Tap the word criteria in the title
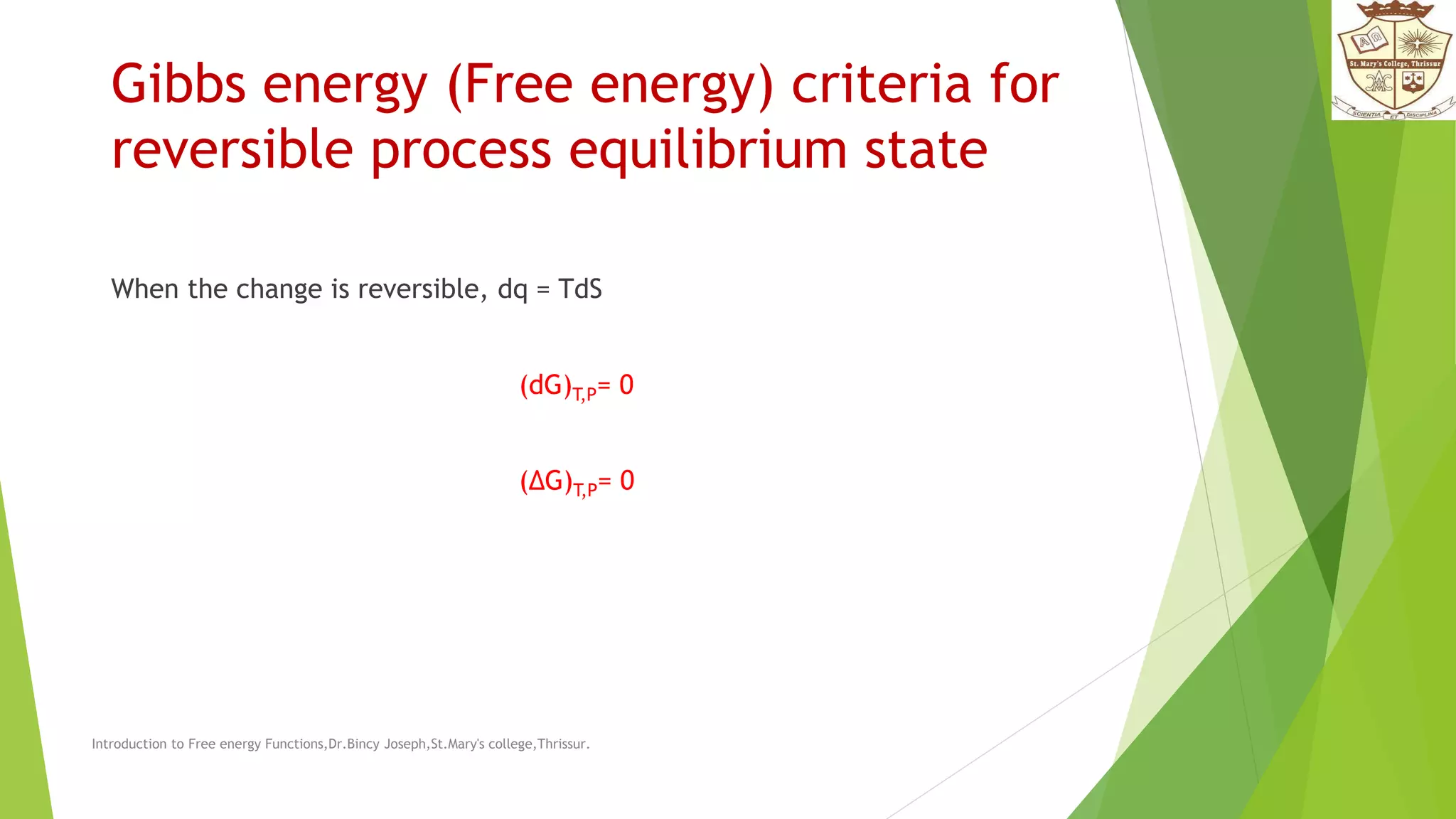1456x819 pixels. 881,84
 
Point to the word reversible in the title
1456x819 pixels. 232,151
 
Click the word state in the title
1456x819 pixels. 926,151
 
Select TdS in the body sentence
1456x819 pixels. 580,289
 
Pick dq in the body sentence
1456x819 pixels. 513,290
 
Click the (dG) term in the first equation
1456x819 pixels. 545,385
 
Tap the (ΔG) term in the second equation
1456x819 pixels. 545,481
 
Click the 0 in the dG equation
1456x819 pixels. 626,385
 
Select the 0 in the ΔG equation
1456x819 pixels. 627,481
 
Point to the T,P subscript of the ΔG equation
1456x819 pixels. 585,490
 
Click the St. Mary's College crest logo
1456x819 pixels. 1393,60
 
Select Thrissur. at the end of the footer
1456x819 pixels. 563,744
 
